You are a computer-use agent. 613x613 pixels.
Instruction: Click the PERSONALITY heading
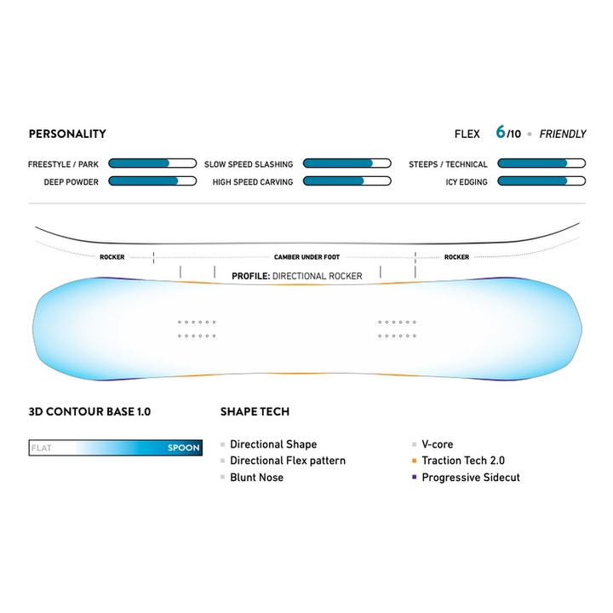coord(67,134)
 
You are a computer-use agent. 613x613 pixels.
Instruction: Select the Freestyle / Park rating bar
coord(152,163)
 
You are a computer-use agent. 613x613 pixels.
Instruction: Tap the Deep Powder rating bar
coord(152,181)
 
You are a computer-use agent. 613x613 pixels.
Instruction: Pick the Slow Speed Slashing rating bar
coord(347,163)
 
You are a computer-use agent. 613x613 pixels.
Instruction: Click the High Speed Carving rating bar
coord(347,181)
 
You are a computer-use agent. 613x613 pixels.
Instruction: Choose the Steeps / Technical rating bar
coord(541,163)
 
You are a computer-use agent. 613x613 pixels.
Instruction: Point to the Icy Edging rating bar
coord(541,181)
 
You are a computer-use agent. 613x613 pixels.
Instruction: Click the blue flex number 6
coord(501,133)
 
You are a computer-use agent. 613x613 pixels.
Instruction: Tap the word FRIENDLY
coord(563,134)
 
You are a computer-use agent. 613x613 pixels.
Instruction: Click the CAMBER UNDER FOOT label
coord(306,256)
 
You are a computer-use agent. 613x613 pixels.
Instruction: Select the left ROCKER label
coord(112,256)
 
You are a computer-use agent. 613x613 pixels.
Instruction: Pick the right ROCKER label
coord(456,256)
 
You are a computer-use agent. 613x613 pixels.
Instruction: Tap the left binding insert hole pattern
coord(197,329)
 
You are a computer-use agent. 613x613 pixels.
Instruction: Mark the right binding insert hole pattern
coord(396,329)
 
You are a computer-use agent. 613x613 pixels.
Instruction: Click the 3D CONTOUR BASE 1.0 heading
coord(89,411)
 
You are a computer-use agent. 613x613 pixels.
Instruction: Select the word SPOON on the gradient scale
coord(183,448)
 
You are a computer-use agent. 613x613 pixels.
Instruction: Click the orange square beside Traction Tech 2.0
coord(414,461)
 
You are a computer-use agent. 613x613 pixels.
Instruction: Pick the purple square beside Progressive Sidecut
coord(414,478)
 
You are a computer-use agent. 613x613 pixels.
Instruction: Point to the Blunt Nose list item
coord(256,478)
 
